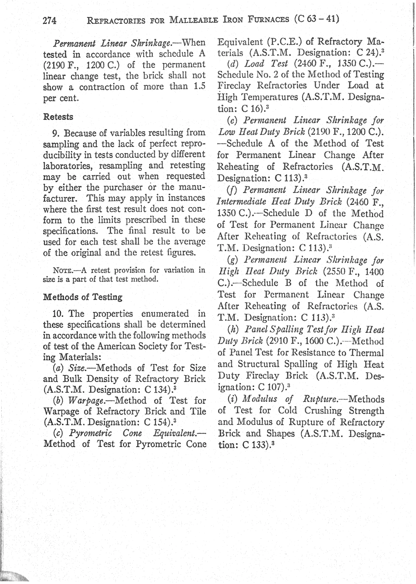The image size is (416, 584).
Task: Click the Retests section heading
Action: point(58,117)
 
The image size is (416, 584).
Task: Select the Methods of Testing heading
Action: point(83,297)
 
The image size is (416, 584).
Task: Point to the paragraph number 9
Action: point(55,133)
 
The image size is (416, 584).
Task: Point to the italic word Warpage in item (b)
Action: point(85,401)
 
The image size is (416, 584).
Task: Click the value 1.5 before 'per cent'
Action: point(199,87)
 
